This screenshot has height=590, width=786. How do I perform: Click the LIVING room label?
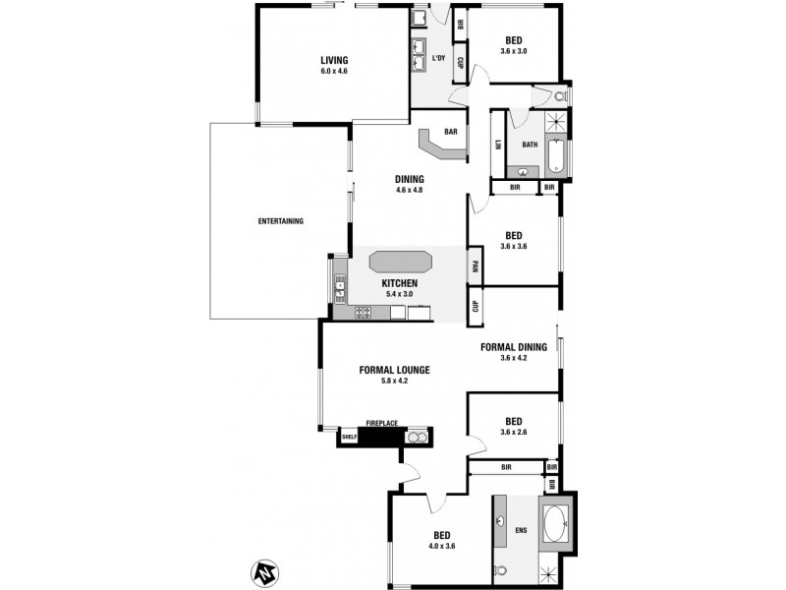click(334, 59)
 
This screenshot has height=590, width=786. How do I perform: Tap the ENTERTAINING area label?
click(280, 220)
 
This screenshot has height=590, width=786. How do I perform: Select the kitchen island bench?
click(401, 263)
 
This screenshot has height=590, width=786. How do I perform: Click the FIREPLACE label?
click(381, 423)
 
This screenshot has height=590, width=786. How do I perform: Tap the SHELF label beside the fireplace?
click(348, 437)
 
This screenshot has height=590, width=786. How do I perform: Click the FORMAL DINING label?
click(513, 347)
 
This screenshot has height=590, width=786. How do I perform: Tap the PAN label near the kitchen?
click(474, 265)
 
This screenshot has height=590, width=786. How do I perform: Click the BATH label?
click(530, 146)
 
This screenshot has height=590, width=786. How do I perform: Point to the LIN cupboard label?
click(498, 145)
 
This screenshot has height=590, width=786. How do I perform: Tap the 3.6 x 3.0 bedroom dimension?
click(514, 50)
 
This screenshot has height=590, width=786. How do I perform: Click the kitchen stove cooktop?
click(362, 314)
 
